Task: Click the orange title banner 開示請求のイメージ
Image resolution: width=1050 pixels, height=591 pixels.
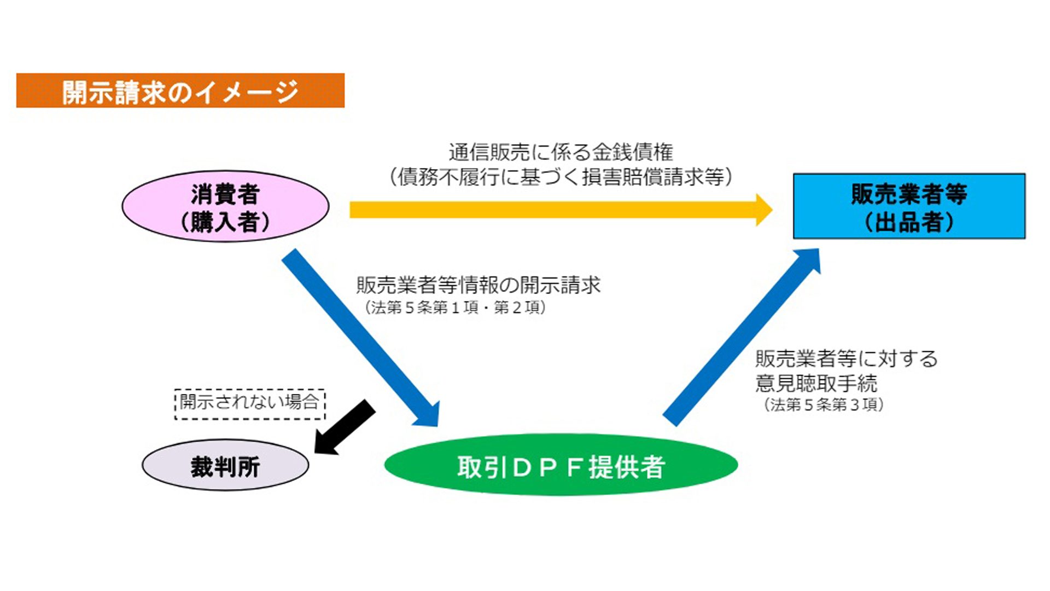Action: click(x=180, y=90)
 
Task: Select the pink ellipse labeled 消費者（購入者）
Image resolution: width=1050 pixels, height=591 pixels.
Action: click(x=225, y=206)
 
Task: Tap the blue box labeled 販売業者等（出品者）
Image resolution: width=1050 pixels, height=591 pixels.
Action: click(x=909, y=206)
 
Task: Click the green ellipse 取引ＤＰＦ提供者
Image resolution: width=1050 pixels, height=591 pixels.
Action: click(x=561, y=465)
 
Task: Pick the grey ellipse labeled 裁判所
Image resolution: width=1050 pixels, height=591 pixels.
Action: click(x=225, y=466)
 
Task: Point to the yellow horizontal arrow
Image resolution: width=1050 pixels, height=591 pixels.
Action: click(x=561, y=210)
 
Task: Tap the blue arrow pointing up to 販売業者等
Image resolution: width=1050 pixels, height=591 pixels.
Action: click(x=742, y=338)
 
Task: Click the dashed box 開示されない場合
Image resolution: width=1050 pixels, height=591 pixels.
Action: click(x=250, y=404)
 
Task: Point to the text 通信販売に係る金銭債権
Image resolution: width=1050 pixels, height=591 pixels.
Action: click(x=561, y=152)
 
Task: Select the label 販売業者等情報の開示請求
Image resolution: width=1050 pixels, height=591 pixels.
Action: click(x=479, y=285)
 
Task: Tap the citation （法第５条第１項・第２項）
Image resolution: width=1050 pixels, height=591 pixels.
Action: click(x=455, y=308)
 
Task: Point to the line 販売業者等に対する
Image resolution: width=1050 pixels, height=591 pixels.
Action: click(x=847, y=359)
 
